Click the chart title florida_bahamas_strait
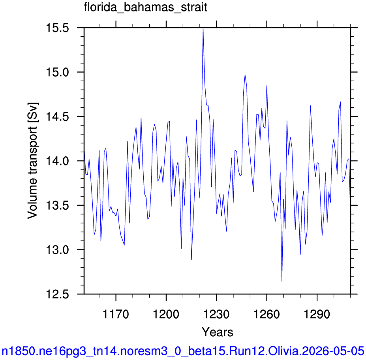pos(146,7)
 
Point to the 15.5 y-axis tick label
pos(58,28)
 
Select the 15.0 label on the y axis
pos(58,72)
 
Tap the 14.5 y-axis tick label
pos(58,117)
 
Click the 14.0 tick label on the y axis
pos(58,161)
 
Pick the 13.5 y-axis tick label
pos(58,205)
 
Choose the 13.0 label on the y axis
pos(58,250)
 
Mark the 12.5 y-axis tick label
pos(58,294)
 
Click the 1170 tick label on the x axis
pos(116,314)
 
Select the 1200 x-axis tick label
pos(166,314)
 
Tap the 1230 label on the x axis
pos(216,314)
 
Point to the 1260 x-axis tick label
pos(267,314)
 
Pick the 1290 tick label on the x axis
pos(317,314)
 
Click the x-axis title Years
pos(217,332)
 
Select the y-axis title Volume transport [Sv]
pos(33,161)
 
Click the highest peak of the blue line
pos(203,28)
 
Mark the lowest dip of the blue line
pos(282,281)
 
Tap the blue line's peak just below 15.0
pos(245,75)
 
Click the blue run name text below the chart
pos(183,351)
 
